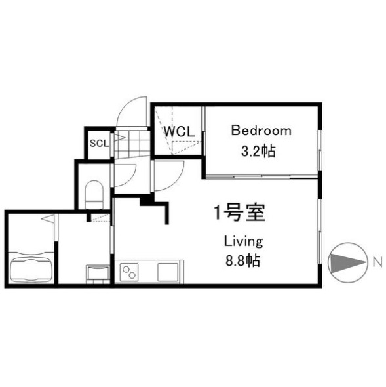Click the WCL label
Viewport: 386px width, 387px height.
tap(178, 131)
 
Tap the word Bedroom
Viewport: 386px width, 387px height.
tap(260, 131)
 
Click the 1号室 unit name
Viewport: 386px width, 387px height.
tap(239, 213)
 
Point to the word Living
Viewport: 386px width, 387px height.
tap(243, 240)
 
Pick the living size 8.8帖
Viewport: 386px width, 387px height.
tap(243, 260)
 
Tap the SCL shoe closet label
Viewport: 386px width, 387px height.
tap(99, 143)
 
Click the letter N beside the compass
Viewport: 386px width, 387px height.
tap(376, 262)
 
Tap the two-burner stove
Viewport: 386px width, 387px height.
tap(128, 271)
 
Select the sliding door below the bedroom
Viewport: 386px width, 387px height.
tap(262, 175)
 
